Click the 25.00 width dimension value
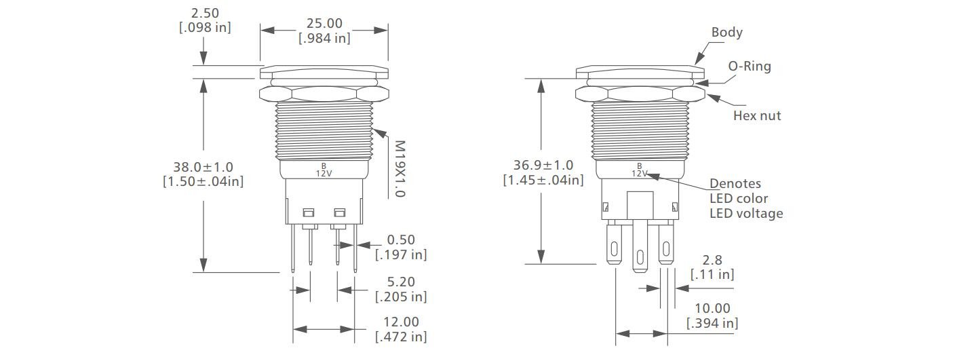(324, 24)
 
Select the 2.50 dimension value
(205, 13)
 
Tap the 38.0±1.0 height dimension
(203, 166)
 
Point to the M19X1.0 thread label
(400, 168)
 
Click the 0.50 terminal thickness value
(401, 240)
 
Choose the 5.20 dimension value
(401, 282)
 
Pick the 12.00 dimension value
(401, 322)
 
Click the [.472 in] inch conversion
(401, 337)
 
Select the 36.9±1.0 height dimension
(543, 165)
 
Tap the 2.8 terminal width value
(712, 259)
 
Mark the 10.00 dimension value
(712, 308)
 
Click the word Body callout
(726, 33)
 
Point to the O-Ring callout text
(750, 66)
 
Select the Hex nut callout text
(756, 116)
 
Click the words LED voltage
(746, 214)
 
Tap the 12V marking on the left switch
(324, 173)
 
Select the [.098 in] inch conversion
(205, 28)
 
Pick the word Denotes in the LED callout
(735, 184)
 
